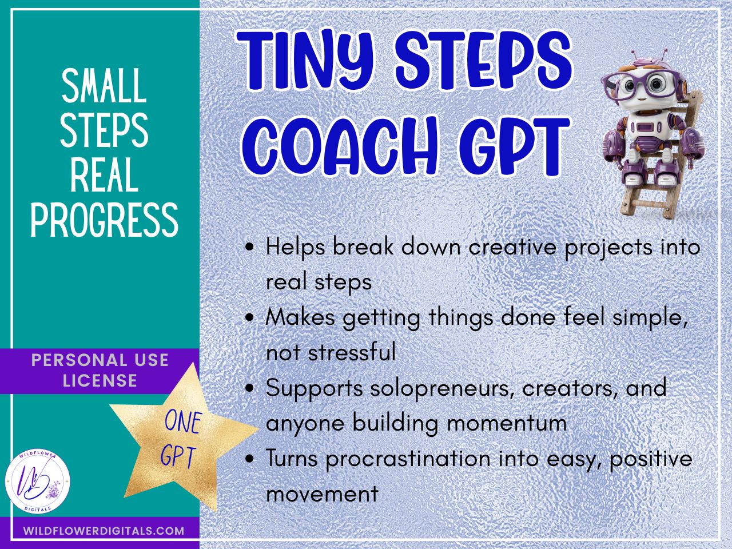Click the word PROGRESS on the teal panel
tap(105, 220)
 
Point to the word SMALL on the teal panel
tap(105, 86)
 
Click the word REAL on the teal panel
tap(105, 176)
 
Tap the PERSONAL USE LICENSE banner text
tap(100, 371)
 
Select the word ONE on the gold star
tap(183, 422)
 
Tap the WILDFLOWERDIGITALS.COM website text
tap(104, 531)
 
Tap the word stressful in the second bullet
tap(352, 352)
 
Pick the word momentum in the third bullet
tap(507, 423)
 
